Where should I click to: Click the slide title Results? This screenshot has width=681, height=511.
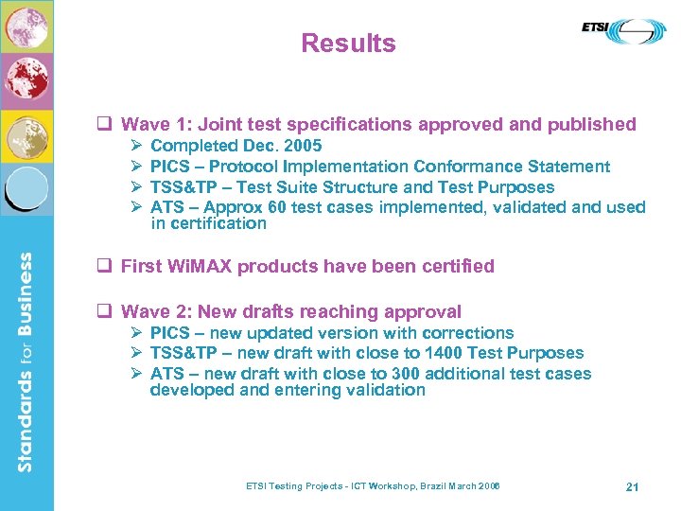pyautogui.click(x=348, y=44)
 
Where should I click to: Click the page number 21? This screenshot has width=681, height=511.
pyautogui.click(x=633, y=486)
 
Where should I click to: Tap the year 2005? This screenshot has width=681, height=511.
pyautogui.click(x=301, y=146)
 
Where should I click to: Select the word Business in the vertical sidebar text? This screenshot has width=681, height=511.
pyautogui.click(x=26, y=294)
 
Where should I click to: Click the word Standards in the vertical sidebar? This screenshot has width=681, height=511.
pyautogui.click(x=26, y=416)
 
